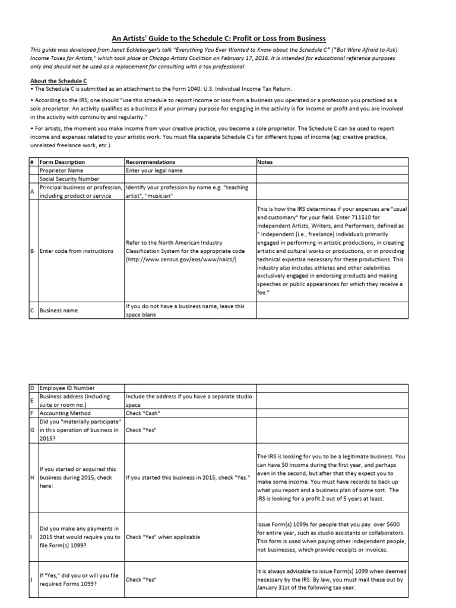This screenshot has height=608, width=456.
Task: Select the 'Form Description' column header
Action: tap(62, 161)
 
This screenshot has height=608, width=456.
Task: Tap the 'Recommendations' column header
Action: tap(150, 161)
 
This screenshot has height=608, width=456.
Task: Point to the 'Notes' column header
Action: tap(266, 161)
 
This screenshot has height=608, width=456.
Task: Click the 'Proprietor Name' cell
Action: tap(61, 170)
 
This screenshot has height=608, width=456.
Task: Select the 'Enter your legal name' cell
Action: tap(151, 170)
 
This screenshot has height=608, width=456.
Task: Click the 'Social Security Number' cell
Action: tap(69, 179)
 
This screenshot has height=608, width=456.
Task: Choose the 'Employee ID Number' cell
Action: tap(67, 388)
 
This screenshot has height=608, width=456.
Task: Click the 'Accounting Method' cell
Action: tap(66, 413)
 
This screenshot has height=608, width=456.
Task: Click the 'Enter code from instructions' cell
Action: tap(76, 251)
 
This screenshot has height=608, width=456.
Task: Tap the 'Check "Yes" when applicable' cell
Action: tap(163, 537)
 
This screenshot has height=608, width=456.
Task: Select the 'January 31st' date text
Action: tap(279, 588)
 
